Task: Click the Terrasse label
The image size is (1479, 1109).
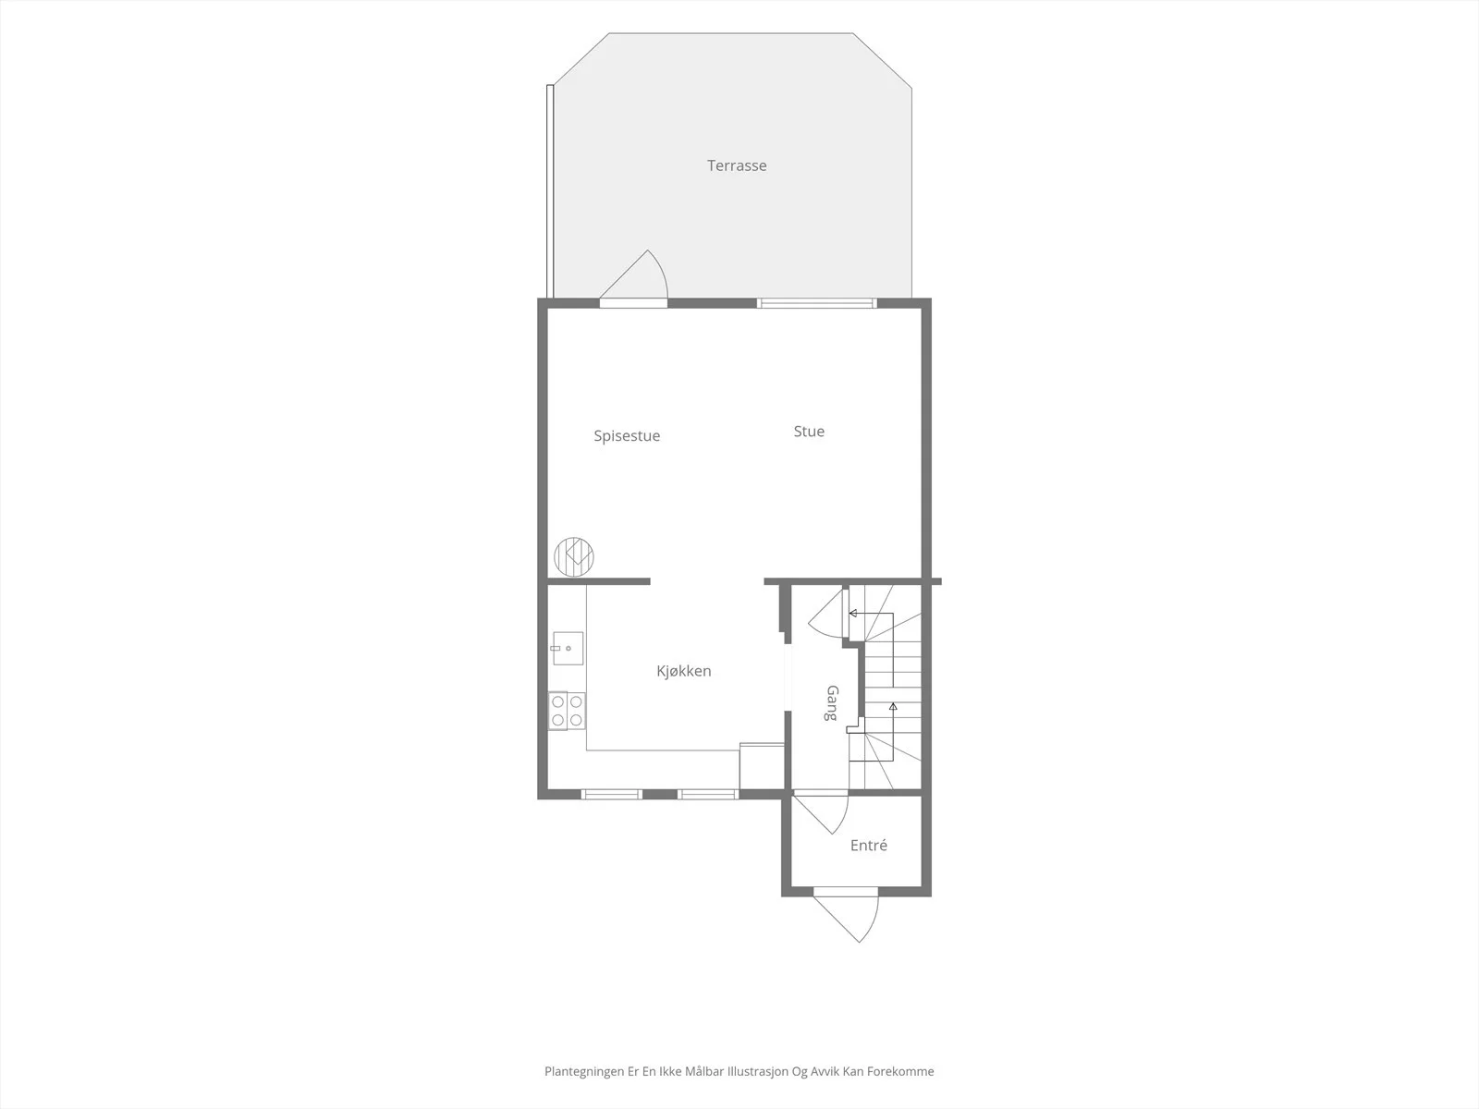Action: coord(737,165)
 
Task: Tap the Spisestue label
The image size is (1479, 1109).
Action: coord(627,435)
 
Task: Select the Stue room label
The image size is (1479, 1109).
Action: coord(809,431)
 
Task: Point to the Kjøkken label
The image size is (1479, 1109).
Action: coord(684,671)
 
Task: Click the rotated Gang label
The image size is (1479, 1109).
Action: coord(832,703)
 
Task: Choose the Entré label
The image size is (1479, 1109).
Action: coord(869,845)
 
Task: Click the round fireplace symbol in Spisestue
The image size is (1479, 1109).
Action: coord(574,557)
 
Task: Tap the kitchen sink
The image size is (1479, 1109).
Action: coord(568,649)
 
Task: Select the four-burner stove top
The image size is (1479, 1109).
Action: coord(567,711)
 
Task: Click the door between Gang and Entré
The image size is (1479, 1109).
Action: coord(820,815)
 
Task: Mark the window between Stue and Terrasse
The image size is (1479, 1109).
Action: coord(816,304)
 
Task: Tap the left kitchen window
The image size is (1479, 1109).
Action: coord(612,795)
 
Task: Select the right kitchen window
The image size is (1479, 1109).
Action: coord(707,795)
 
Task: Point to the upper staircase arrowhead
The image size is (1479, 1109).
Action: coord(853,614)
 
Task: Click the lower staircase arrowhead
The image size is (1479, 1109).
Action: coord(894,706)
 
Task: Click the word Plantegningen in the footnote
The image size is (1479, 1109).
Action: coord(583,1072)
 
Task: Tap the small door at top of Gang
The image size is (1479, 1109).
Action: coord(827,612)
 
